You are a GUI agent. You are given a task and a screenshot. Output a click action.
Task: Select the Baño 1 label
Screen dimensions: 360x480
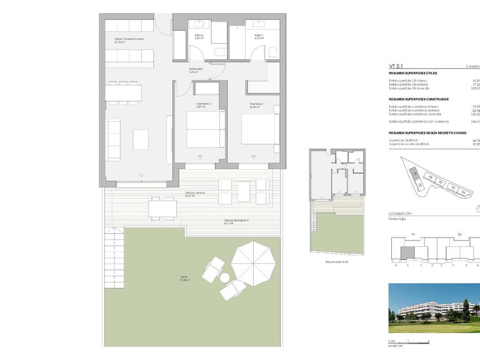(259, 36)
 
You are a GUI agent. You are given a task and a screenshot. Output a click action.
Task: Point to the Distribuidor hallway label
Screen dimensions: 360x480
(196, 71)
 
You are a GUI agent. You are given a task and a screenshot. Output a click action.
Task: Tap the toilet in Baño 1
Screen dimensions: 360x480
(272, 52)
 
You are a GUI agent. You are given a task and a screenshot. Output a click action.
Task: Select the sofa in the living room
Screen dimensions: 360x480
(114, 138)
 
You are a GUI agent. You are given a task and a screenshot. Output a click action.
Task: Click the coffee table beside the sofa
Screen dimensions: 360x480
(141, 139)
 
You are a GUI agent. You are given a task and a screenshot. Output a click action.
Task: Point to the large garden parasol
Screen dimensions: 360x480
(254, 262)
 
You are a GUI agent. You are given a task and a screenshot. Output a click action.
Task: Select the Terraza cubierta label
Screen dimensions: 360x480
(195, 193)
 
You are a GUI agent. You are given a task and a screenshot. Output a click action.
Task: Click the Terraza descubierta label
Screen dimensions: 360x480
(237, 221)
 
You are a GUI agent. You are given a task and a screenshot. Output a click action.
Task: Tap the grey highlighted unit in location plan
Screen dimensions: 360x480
(407, 252)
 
